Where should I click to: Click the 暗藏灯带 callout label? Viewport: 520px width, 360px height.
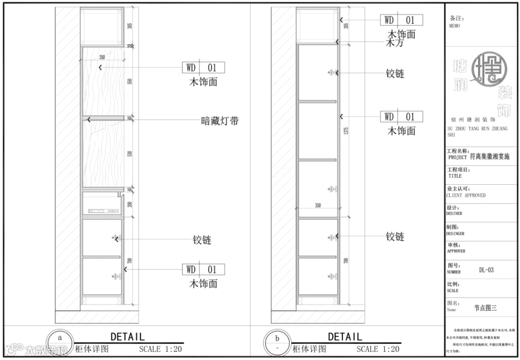tap(220, 121)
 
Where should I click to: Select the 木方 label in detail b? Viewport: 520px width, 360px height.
tap(395, 43)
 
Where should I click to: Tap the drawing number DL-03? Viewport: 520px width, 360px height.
tap(486, 270)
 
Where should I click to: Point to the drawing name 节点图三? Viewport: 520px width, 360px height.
tap(485, 309)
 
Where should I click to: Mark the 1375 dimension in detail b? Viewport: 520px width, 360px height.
tap(346, 130)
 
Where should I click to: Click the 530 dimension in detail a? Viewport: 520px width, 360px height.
tap(130, 154)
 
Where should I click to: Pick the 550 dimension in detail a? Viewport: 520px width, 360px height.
tap(130, 81)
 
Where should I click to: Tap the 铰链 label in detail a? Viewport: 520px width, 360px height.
tap(202, 240)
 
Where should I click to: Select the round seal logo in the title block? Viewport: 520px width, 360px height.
tap(489, 69)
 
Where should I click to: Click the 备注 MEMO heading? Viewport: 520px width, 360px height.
tap(455, 21)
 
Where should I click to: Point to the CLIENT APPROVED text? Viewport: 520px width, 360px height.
tap(466, 195)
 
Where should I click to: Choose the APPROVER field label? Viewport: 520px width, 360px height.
tap(455, 251)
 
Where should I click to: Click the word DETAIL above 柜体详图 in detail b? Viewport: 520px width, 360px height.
tap(345, 336)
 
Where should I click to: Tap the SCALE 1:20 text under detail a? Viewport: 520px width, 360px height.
tap(160, 349)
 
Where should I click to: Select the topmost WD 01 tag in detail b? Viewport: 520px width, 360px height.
tap(402, 20)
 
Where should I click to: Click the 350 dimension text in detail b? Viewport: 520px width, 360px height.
tap(318, 206)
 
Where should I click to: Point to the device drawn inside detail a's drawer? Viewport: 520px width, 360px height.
tap(103, 211)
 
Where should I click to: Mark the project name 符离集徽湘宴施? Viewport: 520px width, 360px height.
tap(489, 156)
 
